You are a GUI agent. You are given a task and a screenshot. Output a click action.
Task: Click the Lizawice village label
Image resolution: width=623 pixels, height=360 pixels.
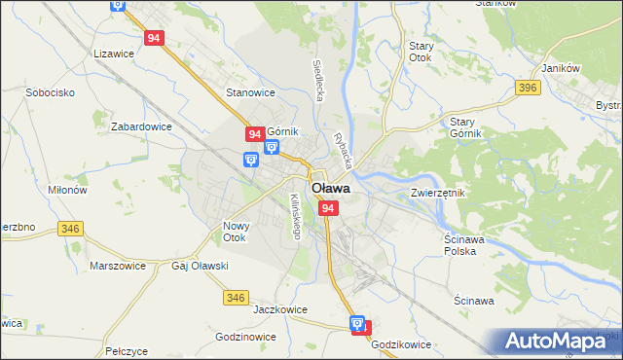(114, 54)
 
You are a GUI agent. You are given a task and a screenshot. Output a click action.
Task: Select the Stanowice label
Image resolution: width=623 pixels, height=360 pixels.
(250, 92)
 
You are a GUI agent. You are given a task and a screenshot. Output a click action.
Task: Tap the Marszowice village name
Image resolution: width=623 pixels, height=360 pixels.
(117, 265)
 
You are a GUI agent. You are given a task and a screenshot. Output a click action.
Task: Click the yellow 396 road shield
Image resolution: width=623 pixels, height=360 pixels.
(529, 89)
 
